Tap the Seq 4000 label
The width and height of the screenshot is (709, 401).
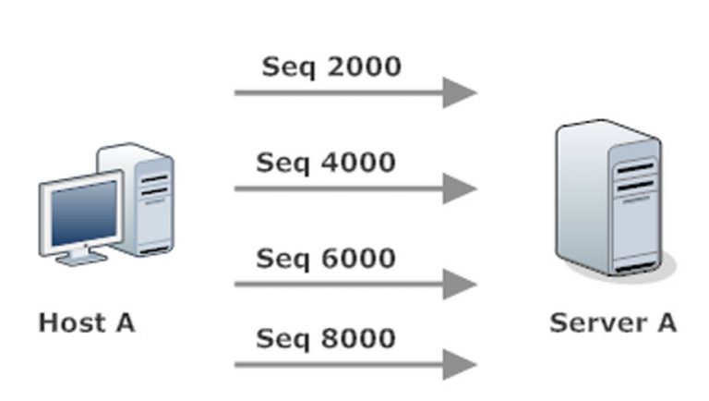point(325,163)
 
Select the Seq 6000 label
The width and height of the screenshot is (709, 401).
point(325,258)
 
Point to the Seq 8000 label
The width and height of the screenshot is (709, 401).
point(325,337)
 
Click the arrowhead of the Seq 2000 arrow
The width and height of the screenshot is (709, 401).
point(459,92)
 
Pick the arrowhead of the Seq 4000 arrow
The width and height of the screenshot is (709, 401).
point(459,188)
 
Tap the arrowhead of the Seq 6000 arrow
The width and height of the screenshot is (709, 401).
point(459,284)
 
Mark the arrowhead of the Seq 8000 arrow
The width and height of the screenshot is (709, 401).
point(459,364)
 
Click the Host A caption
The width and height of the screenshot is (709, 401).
point(86,322)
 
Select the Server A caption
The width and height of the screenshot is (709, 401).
point(613,322)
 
